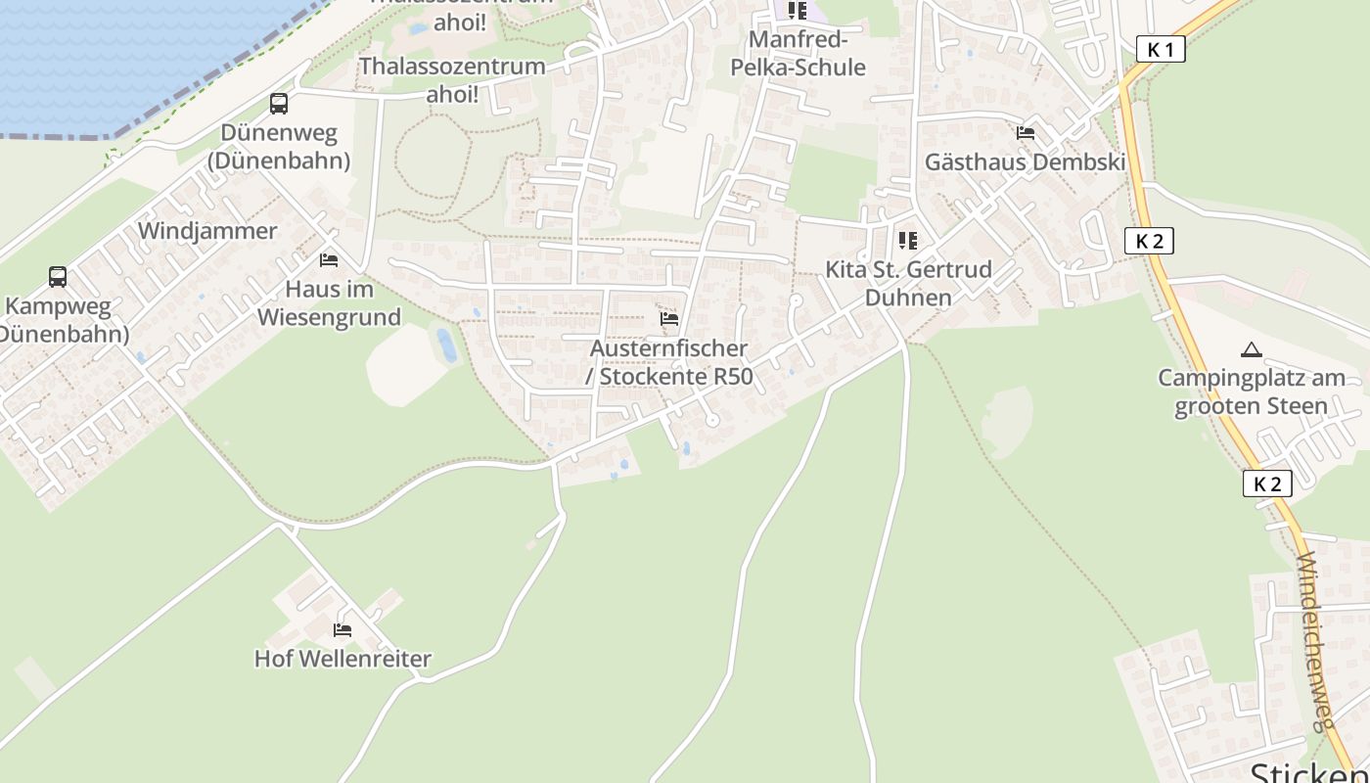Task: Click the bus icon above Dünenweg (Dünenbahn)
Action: (x=279, y=104)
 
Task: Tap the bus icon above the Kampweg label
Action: (x=58, y=277)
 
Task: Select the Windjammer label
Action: (x=207, y=231)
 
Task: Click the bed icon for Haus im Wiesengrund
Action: (x=329, y=260)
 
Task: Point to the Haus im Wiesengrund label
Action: (x=329, y=303)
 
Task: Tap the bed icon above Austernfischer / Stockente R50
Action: (x=669, y=319)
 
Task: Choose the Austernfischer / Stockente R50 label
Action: (x=670, y=362)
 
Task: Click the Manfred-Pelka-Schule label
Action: (x=798, y=54)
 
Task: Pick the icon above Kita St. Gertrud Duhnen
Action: (x=908, y=241)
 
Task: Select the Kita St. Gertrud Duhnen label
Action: (x=908, y=283)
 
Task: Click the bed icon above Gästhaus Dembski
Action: (x=1026, y=133)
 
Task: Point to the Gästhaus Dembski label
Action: (x=1026, y=162)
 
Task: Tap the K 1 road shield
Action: (x=1161, y=49)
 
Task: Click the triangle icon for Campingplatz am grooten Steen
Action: (x=1251, y=349)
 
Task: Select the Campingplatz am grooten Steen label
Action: (x=1251, y=391)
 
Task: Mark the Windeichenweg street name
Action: (x=1316, y=641)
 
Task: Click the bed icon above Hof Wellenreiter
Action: (x=342, y=629)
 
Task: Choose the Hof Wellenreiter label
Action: (x=342, y=659)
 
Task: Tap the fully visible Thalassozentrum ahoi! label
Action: (x=452, y=80)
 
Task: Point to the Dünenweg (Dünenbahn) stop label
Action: (x=279, y=147)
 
